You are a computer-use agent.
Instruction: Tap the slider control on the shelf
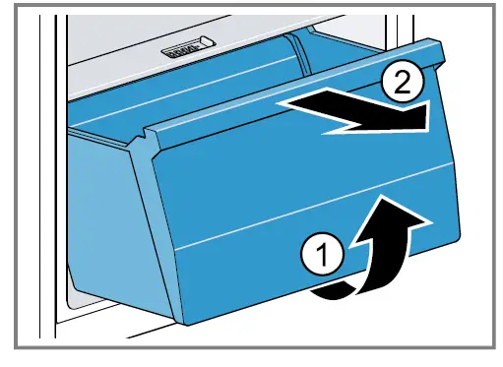(x=185, y=47)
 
